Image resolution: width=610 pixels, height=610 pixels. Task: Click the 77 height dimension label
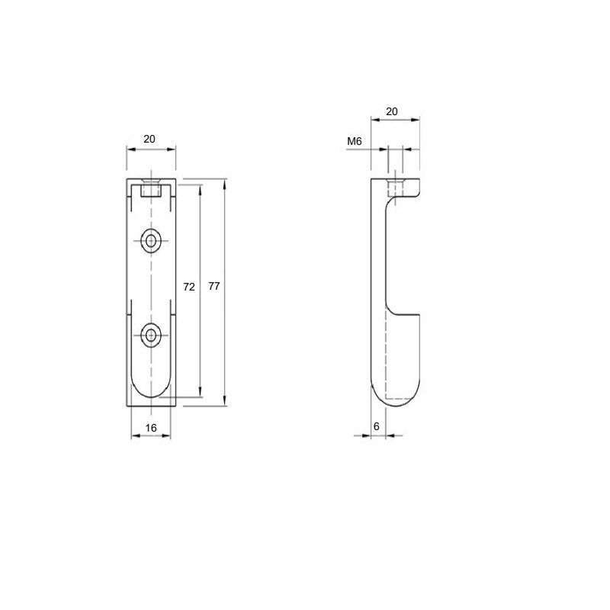click(x=214, y=286)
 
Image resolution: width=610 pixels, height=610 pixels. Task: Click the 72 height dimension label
click(x=188, y=287)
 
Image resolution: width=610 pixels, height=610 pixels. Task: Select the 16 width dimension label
click(x=151, y=428)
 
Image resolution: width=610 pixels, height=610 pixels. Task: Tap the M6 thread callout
click(x=355, y=141)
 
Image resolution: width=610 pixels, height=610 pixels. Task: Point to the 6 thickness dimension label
click(x=376, y=426)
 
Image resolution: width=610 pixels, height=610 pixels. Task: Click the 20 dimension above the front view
click(x=149, y=139)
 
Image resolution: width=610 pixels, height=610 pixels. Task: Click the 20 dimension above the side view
click(x=392, y=111)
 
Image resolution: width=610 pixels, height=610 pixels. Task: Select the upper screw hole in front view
click(x=151, y=241)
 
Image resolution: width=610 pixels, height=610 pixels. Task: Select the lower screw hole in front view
click(x=151, y=335)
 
